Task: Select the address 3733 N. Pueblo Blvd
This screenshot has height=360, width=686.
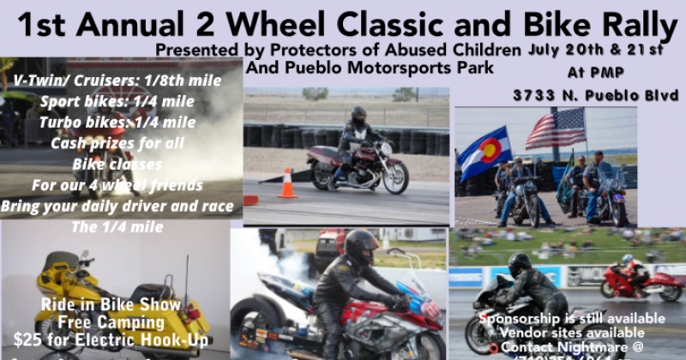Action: point(596,94)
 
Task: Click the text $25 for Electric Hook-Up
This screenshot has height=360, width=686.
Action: point(111,339)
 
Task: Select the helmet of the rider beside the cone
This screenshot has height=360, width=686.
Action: point(359,116)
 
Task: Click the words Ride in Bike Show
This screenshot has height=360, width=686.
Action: point(111,305)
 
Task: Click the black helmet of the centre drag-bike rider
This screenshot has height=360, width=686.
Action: point(360,246)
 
